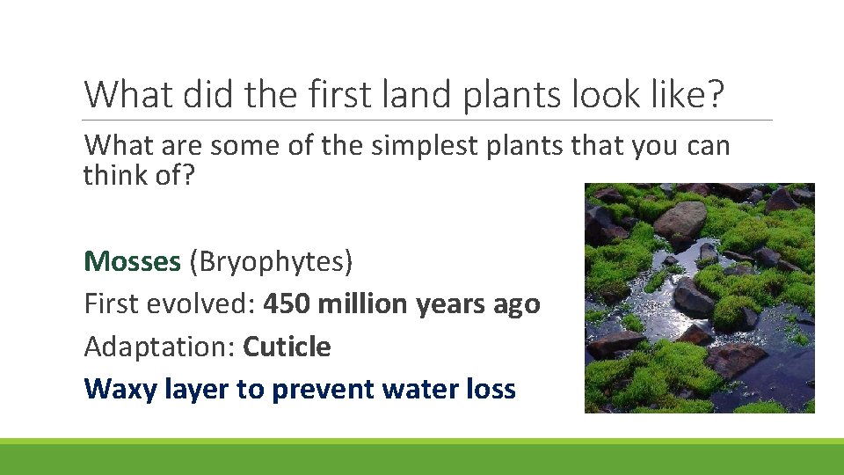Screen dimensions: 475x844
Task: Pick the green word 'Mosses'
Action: [133, 260]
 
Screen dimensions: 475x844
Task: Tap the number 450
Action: [287, 303]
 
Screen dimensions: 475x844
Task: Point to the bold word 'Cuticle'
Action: [287, 347]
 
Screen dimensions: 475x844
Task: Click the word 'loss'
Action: [492, 389]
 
